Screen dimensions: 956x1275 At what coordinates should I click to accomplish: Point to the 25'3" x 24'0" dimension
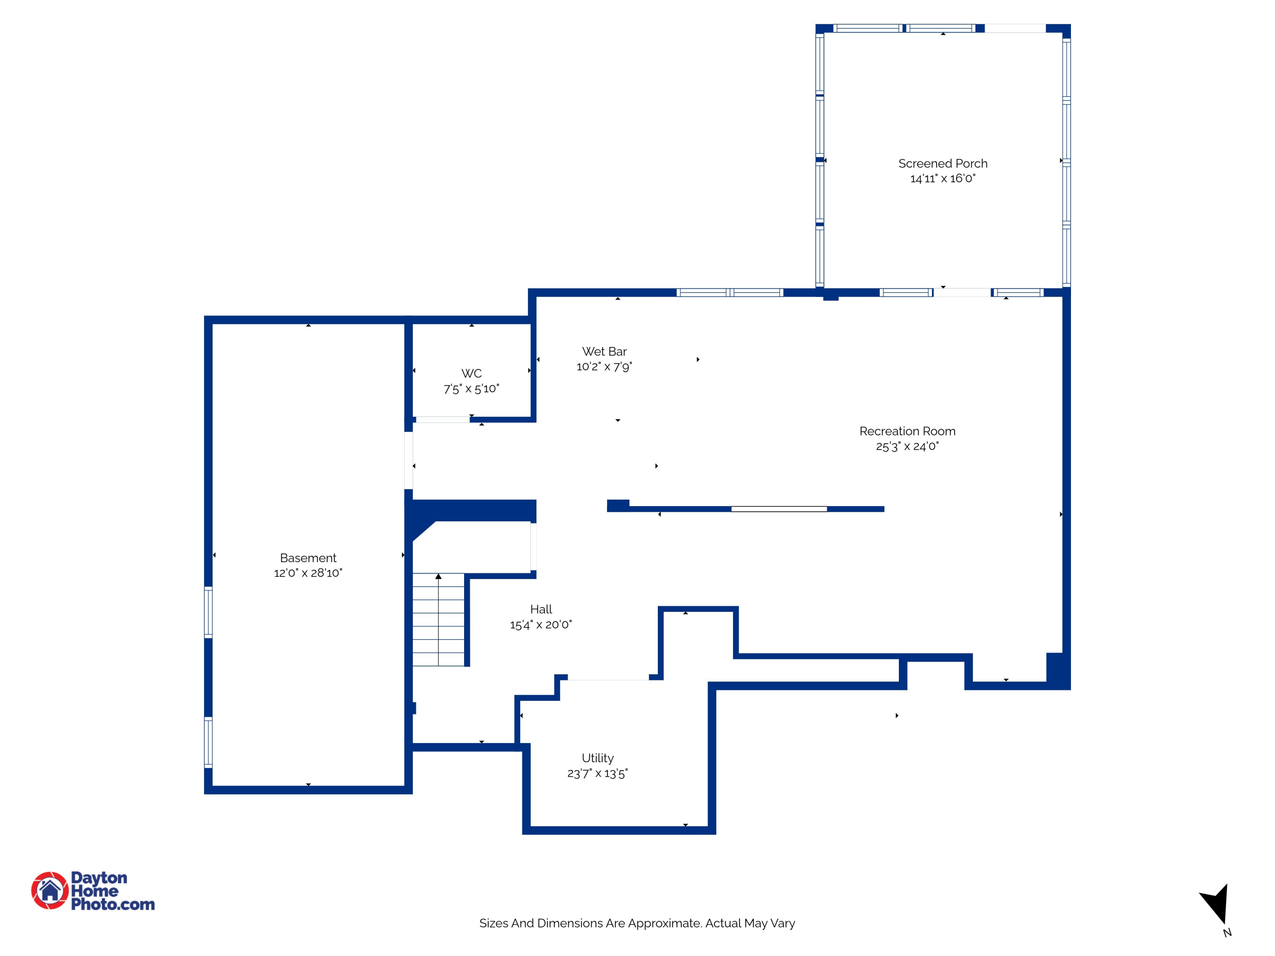[x=907, y=446]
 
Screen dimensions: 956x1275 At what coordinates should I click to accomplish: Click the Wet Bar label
[x=604, y=351]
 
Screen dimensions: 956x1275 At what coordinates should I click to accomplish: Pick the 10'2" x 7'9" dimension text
[x=604, y=367]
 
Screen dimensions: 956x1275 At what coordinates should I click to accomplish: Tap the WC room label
[x=471, y=373]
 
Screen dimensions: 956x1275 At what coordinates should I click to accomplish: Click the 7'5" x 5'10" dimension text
[x=471, y=389]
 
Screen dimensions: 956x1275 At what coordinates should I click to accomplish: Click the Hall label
[x=541, y=609]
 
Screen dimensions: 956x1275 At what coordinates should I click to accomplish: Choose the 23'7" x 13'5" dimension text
[x=597, y=773]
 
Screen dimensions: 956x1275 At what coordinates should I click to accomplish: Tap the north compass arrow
[x=1217, y=905]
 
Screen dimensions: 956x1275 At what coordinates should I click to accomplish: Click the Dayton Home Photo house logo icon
[x=50, y=890]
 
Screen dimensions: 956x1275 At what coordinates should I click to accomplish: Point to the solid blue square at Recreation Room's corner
[x=1057, y=670]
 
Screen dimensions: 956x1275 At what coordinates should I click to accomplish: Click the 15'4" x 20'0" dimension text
[x=541, y=625]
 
